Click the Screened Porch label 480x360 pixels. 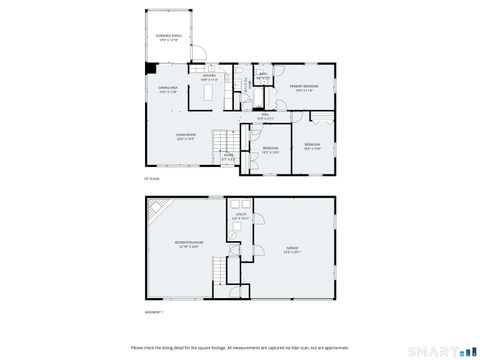168,37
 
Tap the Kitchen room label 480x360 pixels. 209,76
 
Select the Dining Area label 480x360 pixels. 167,89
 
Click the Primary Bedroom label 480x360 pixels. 304,88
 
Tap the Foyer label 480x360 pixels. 228,155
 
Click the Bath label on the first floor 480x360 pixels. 262,75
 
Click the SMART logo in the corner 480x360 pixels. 447,350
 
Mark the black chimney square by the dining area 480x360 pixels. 148,69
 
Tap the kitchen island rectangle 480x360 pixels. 210,92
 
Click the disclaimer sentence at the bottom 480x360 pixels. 240,347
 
